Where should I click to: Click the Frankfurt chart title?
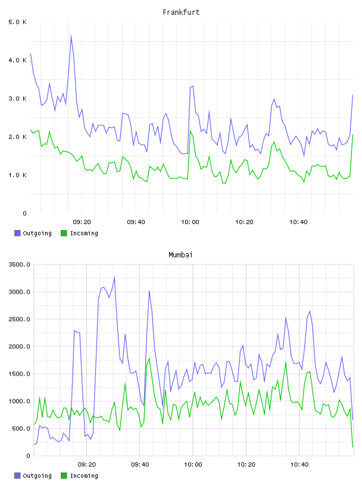[x=181, y=12]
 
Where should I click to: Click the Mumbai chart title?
[x=180, y=255]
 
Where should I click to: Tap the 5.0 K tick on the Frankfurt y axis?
[x=17, y=22]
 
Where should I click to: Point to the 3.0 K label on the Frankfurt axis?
[x=17, y=99]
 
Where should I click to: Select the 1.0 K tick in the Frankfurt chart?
[x=17, y=175]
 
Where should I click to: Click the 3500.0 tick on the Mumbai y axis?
[x=19, y=264]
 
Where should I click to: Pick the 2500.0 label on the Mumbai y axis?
[x=19, y=319]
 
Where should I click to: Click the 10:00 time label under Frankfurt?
[x=190, y=222]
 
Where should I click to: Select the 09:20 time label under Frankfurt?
[x=82, y=222]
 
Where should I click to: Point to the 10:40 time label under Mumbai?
[x=299, y=465]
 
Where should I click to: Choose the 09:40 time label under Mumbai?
[x=140, y=465]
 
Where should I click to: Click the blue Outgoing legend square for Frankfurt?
[x=17, y=233]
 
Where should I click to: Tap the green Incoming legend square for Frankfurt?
[x=64, y=233]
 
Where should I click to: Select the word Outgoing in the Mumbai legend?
[x=37, y=475]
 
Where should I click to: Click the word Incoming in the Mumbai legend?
[x=84, y=475]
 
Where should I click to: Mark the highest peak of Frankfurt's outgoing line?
[x=71, y=35]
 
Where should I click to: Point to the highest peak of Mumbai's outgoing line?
[x=114, y=277]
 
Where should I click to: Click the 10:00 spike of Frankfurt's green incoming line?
[x=191, y=131]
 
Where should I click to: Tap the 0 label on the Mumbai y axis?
[x=28, y=456]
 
